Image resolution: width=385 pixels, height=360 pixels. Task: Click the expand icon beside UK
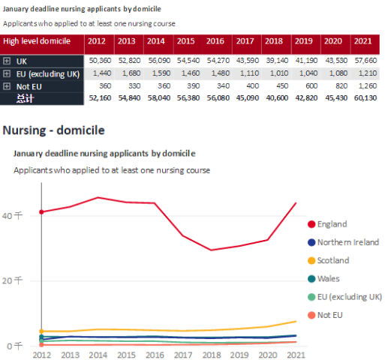pos(7,60)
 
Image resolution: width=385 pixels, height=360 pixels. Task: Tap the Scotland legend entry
pos(333,260)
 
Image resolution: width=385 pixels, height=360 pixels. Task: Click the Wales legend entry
pos(328,278)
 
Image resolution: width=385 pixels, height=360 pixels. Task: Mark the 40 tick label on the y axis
pos(18,214)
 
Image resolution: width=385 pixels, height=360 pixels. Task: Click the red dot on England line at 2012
pos(41,211)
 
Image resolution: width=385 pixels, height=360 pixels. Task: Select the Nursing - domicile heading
pos(53,130)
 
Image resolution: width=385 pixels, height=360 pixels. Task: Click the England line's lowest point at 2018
pos(212,250)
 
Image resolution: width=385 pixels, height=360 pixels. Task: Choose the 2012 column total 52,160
pos(100,97)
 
